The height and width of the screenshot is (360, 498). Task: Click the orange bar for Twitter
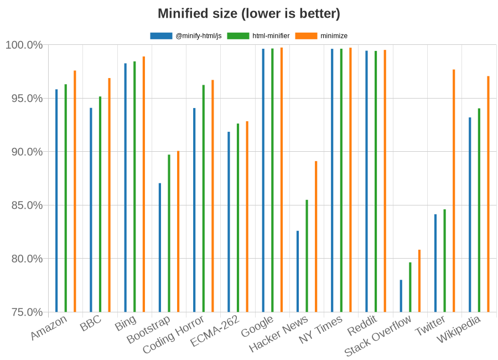coord(454,191)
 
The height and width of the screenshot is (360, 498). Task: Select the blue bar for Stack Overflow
coord(401,296)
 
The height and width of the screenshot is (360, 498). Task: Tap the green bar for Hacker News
coord(307,255)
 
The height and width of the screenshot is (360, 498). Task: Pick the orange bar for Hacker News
coord(316,236)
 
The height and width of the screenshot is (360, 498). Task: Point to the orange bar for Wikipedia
coord(488,194)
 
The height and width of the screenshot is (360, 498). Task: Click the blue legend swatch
coord(161,36)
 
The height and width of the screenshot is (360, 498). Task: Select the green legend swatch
coord(238,36)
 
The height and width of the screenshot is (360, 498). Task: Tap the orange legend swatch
coord(306,36)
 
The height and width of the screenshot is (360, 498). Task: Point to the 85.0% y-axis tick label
coord(24,205)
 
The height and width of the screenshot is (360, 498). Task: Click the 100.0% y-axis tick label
coord(23,45)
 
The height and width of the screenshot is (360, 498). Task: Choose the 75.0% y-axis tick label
coord(24,312)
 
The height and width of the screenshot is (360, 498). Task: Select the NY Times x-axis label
coord(321,330)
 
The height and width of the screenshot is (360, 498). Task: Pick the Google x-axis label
coord(258,327)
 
